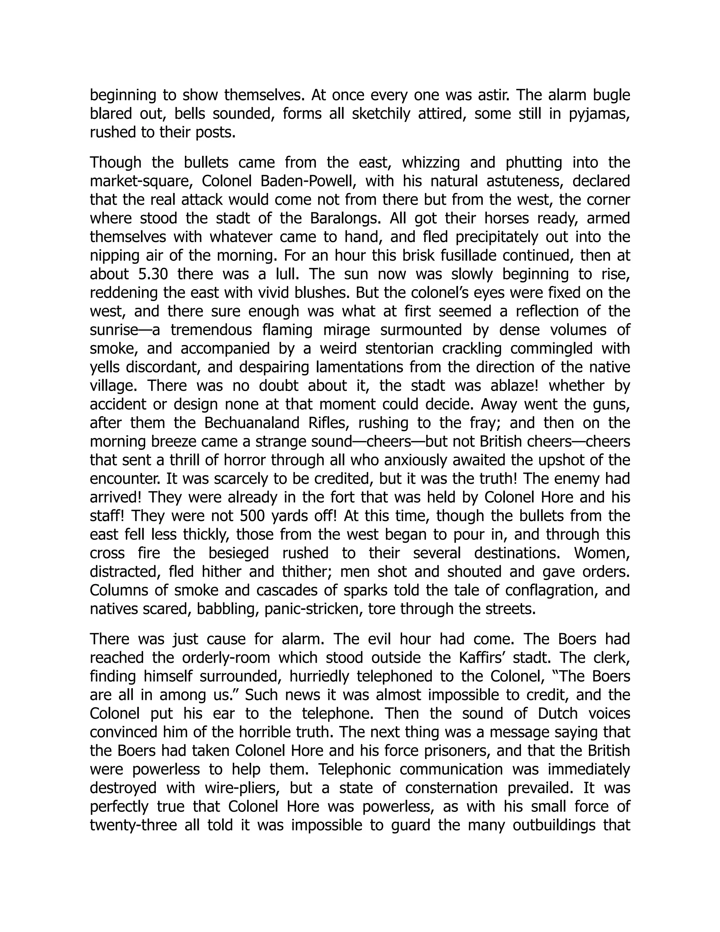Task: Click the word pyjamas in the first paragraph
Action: point(599,114)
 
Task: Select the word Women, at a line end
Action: point(602,553)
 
